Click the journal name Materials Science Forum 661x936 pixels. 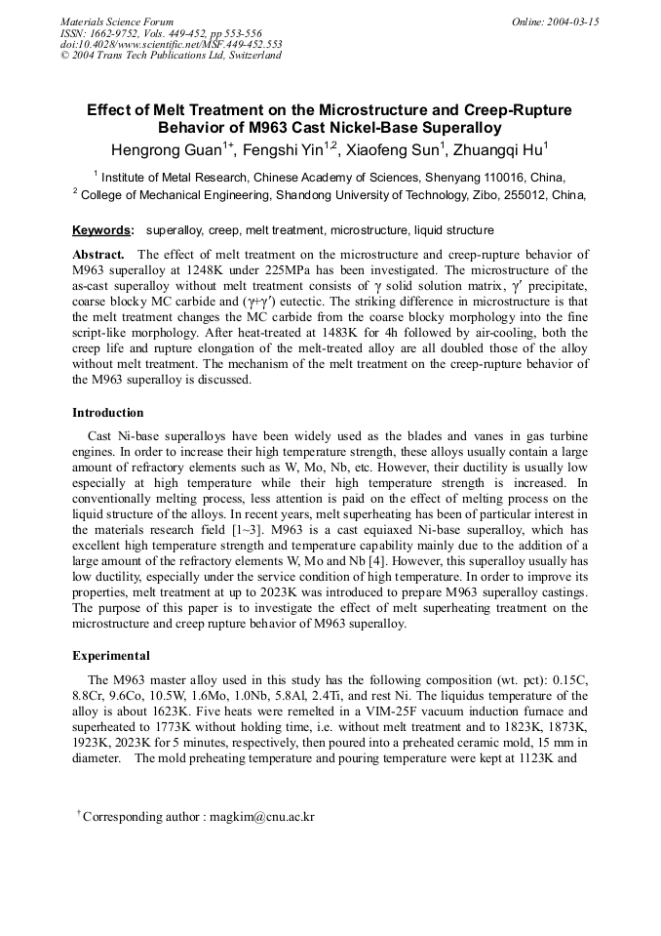click(117, 21)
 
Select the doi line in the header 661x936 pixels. click(171, 44)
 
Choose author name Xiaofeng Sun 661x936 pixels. click(393, 149)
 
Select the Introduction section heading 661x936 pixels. click(107, 412)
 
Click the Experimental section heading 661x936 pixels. click(110, 655)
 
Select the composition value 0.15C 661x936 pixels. click(567, 680)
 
